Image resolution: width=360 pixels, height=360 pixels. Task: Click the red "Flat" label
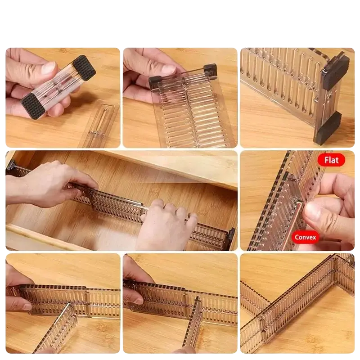point(331,160)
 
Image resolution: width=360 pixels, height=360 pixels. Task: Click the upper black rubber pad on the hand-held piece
point(84,68)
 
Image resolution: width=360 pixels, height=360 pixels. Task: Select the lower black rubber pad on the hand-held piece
point(33,106)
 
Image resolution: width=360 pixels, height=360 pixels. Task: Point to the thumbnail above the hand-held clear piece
point(50,67)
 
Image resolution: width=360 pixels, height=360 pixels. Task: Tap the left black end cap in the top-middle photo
point(154,83)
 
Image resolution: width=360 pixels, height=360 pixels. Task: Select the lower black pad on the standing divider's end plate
point(327,128)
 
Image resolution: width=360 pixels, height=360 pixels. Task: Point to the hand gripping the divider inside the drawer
point(50,184)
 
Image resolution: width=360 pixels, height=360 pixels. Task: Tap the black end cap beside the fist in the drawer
point(231,239)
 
